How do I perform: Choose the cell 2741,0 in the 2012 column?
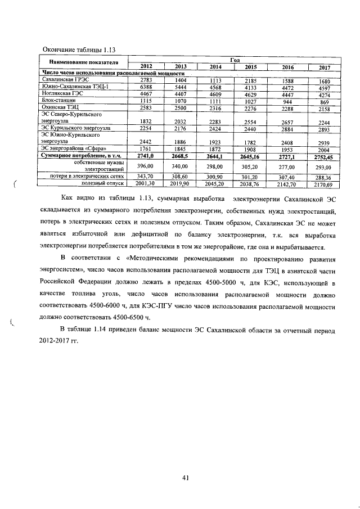(x=146, y=155)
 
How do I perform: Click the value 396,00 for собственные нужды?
(x=146, y=166)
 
